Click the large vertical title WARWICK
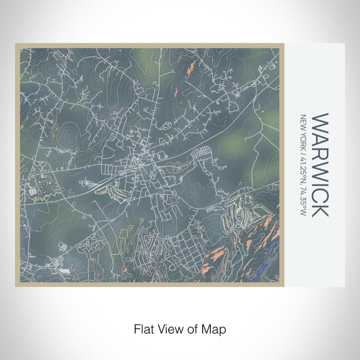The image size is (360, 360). [x=319, y=165]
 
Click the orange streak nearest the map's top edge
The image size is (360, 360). [x=190, y=66]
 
